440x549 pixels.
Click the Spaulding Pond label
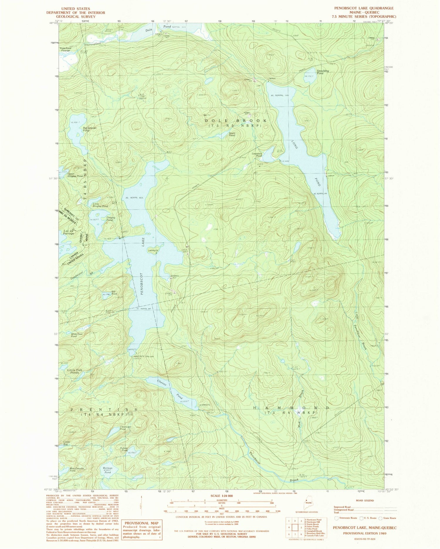323,72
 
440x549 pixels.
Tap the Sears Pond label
232,134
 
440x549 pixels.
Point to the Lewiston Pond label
257,155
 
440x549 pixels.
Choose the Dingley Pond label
111,219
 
